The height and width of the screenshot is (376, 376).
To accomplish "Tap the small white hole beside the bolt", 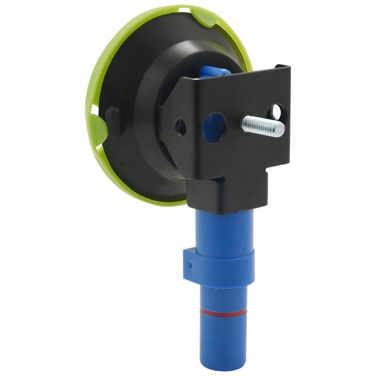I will pyautogui.click(x=276, y=111).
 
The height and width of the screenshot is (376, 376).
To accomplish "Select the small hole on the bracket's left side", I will pyautogui.click(x=180, y=125).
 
